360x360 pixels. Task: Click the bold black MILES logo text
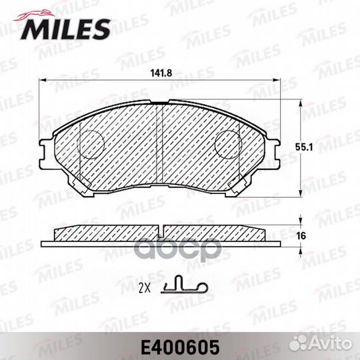coord(65,29)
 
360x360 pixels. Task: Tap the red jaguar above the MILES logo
coord(35,15)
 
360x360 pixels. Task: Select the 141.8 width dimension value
coord(161,73)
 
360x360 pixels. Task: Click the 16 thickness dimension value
coord(301,235)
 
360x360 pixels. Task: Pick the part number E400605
coord(180,347)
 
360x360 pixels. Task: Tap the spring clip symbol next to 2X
coord(185,285)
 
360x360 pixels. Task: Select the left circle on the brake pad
coord(91,145)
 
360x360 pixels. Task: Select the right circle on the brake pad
coord(228,145)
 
